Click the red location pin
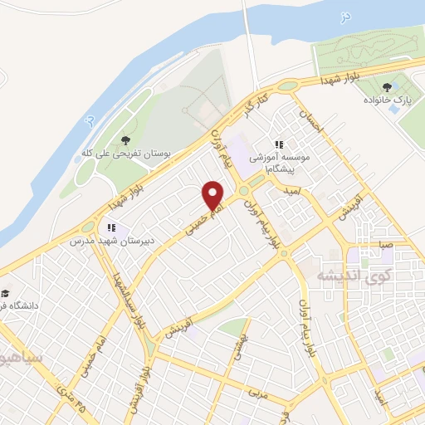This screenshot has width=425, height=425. [x=214, y=195]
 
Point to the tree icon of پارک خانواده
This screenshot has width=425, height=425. [x=387, y=86]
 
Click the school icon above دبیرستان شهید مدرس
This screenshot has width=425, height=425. [x=110, y=227]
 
